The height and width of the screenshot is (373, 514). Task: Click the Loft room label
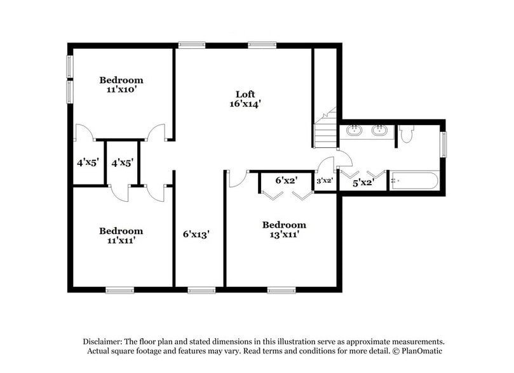click(x=245, y=94)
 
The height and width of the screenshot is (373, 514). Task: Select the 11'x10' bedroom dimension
click(x=121, y=90)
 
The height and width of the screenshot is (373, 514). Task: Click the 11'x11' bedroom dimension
click(x=121, y=240)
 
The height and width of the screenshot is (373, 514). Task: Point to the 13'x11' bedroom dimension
click(x=284, y=234)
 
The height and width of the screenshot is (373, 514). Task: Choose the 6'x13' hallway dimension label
click(x=196, y=234)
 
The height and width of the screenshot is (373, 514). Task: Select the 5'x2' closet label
click(x=363, y=183)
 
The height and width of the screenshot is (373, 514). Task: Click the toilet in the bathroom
click(x=407, y=134)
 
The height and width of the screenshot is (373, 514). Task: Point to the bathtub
click(x=413, y=181)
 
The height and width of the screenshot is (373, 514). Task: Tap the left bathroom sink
click(x=353, y=131)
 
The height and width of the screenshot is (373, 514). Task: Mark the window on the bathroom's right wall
click(x=443, y=143)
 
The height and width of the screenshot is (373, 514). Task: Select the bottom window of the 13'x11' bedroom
click(x=281, y=291)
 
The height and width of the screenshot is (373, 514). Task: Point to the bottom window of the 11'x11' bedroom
click(x=119, y=291)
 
